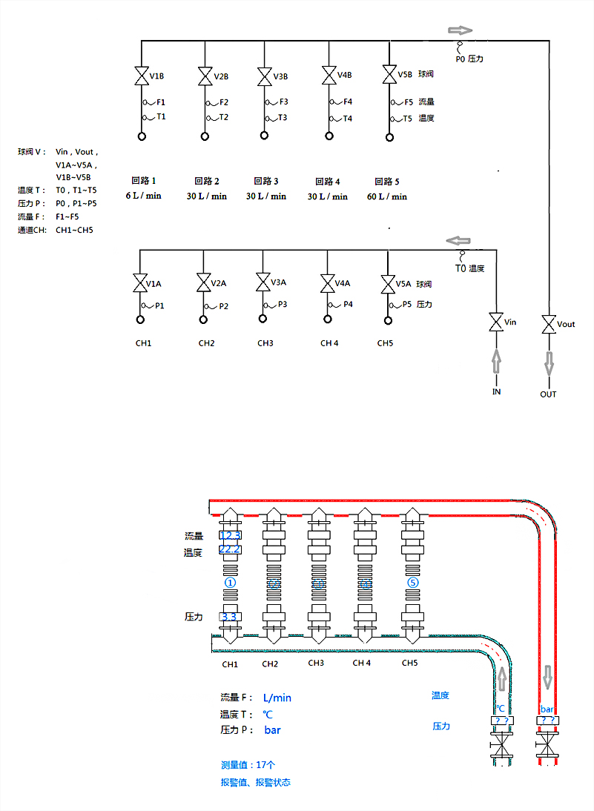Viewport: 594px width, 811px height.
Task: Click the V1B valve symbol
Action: (141, 76)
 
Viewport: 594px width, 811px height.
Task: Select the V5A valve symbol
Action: (387, 284)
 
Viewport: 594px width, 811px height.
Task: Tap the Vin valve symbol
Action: (496, 323)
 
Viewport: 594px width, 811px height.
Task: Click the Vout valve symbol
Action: (549, 324)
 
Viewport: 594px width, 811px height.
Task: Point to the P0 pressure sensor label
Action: (469, 58)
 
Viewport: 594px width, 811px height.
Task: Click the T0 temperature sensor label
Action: (469, 268)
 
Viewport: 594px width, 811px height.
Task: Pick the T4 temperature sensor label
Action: (347, 118)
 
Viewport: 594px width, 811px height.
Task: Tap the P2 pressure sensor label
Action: (223, 305)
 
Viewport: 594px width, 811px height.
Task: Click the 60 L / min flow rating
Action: (387, 196)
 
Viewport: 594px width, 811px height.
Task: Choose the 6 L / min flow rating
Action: (143, 196)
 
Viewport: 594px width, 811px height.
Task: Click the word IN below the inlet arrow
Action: (496, 391)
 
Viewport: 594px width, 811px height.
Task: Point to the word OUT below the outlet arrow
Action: (548, 394)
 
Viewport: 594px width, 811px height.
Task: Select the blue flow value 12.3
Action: (230, 535)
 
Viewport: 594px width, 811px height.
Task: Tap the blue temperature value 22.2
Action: (230, 549)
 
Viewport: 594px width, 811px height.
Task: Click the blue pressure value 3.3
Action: (230, 617)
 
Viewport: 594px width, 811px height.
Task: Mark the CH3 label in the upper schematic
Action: (265, 343)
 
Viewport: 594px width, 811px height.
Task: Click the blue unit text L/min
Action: (277, 698)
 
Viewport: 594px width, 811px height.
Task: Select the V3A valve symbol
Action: (263, 282)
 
